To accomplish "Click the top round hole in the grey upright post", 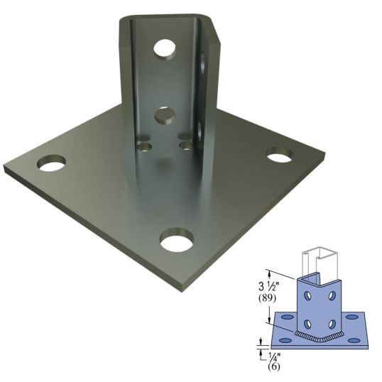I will coord(165,49).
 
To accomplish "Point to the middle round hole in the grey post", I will coord(164,114).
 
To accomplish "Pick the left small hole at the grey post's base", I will coord(146,146).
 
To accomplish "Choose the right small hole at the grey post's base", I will coord(187,145).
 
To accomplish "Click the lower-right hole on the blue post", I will coord(332,323).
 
